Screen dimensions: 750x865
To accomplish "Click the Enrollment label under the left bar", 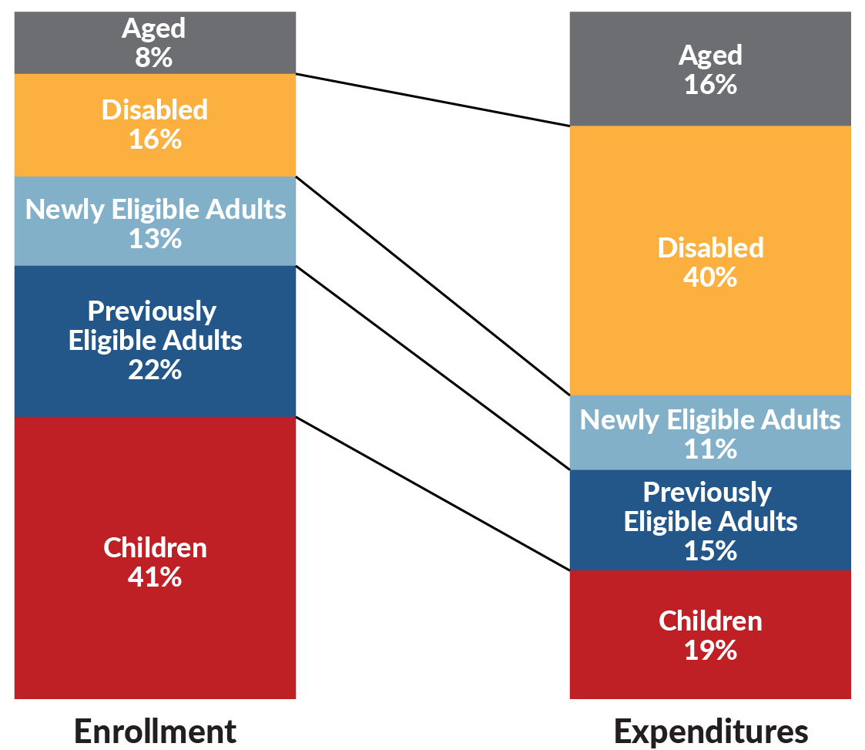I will click(x=155, y=730).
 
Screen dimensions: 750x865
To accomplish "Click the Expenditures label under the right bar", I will click(x=710, y=730).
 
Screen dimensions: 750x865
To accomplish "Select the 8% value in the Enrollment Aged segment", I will click(x=155, y=57).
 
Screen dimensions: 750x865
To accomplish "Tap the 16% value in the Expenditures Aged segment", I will click(x=710, y=84).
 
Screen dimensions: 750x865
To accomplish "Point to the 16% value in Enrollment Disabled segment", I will click(x=155, y=140).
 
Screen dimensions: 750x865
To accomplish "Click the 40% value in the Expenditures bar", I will click(x=710, y=277).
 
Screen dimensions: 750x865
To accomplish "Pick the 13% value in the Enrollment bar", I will click(x=155, y=238).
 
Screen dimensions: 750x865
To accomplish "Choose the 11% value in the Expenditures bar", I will click(x=710, y=449).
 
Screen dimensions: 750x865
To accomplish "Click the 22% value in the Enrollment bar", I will click(x=155, y=370).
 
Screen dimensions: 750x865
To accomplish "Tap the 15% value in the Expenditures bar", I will click(x=710, y=550).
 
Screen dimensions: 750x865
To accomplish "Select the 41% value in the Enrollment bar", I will click(x=155, y=577).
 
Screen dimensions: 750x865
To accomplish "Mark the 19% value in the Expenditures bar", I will click(x=710, y=650).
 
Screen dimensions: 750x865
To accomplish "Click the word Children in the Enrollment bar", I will click(x=155, y=547).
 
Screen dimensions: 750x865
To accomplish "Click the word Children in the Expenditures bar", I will click(x=710, y=621).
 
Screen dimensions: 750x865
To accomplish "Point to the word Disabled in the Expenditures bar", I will click(x=710, y=247).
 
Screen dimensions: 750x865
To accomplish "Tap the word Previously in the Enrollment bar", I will click(x=152, y=311).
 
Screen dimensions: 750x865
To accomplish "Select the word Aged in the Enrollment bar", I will click(x=154, y=28).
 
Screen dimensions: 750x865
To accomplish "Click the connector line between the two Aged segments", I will click(x=433, y=99).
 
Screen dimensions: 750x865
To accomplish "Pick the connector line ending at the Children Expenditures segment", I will click(x=433, y=493).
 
